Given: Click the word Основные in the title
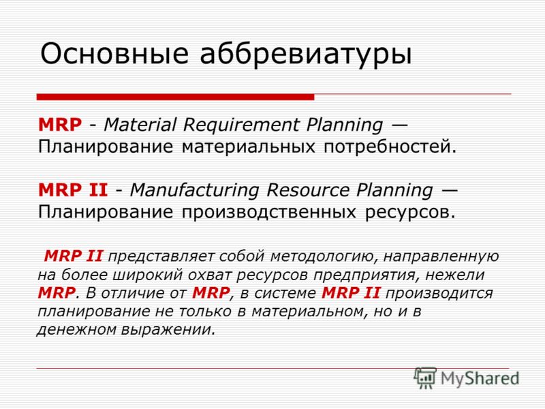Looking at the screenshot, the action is coord(114,54).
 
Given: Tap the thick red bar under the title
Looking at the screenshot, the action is coord(176,97).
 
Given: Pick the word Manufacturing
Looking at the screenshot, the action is coord(195,191).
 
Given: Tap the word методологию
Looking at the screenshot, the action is coord(324,257).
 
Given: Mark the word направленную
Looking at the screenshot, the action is coord(441,257).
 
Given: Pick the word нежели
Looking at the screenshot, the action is coord(455,275).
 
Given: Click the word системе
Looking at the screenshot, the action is coord(285,293).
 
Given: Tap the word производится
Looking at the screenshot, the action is coord(439,294).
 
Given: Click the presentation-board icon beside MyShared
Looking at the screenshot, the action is coord(425,377).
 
